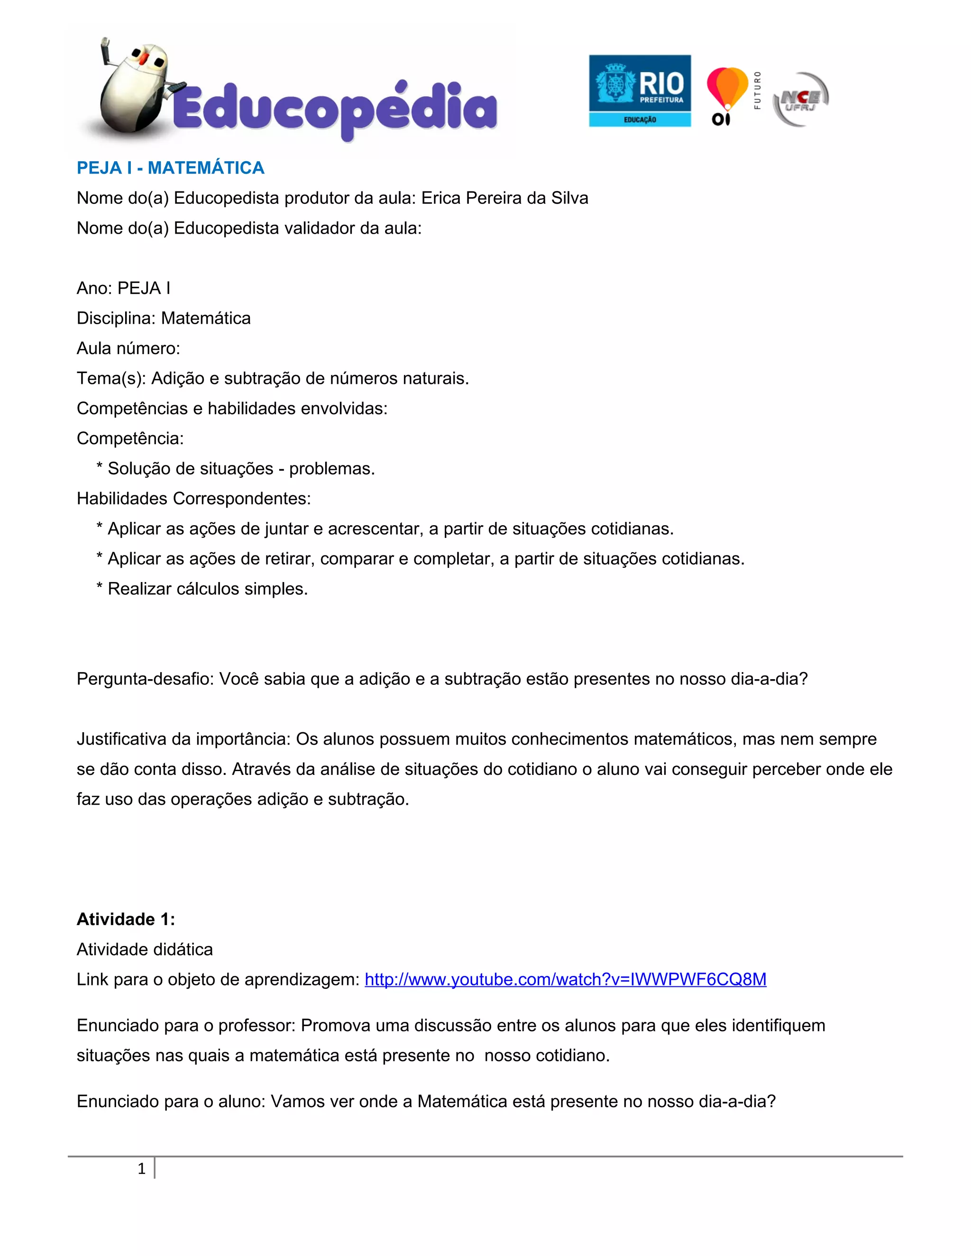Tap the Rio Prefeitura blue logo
click(x=640, y=91)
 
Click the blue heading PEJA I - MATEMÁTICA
click(x=170, y=168)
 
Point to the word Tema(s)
click(x=111, y=378)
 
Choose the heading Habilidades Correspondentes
click(x=193, y=499)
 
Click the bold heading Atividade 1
click(x=125, y=919)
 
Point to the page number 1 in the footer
click(x=141, y=1169)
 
